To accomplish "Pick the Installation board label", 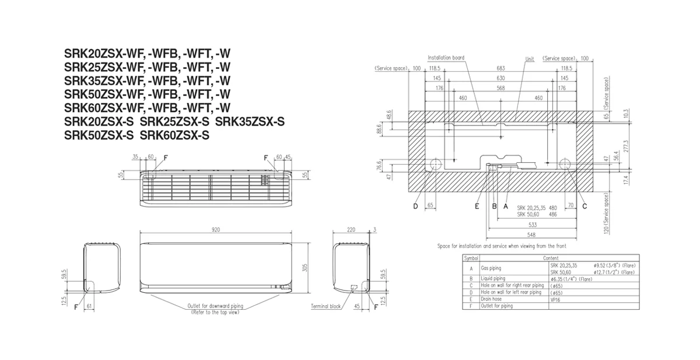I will coord(446,58).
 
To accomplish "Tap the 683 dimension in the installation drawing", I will coord(501,68).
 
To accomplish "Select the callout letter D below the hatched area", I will coord(416,206).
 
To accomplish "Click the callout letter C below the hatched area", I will coord(584,206).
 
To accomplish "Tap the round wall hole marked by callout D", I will coord(435,165).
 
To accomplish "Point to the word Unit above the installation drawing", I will coord(529,59).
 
